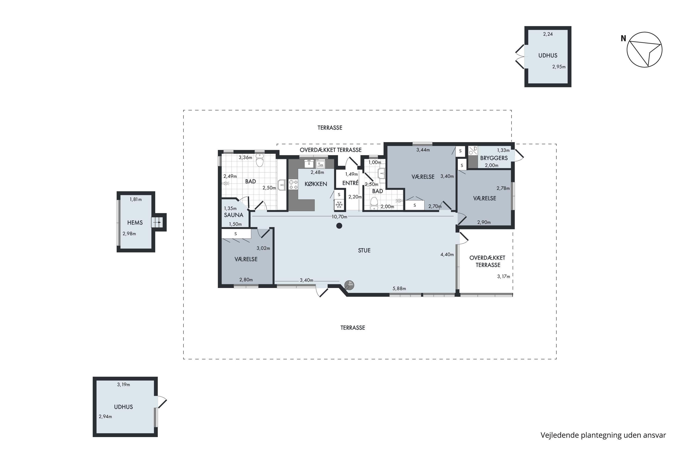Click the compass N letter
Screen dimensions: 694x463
coord(623,38)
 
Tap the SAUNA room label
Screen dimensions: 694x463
coord(233,215)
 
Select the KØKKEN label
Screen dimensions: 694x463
coord(316,184)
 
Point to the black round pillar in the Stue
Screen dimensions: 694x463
coord(339,226)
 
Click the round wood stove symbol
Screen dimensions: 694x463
coord(349,285)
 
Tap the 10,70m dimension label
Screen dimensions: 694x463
coord(339,217)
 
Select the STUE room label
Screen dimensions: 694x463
coord(364,250)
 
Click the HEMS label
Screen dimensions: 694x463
coord(135,223)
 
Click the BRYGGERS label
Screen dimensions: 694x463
coord(494,158)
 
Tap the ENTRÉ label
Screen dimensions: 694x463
coord(350,183)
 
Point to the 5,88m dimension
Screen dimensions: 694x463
coord(399,288)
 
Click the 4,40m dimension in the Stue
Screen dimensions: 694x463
coord(447,254)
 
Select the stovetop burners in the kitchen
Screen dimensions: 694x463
coord(293,185)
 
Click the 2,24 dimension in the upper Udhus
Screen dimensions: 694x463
coord(548,34)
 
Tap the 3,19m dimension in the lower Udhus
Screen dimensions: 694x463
coord(123,385)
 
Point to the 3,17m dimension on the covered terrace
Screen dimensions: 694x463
coord(504,276)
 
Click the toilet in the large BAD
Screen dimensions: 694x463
coord(259,161)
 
